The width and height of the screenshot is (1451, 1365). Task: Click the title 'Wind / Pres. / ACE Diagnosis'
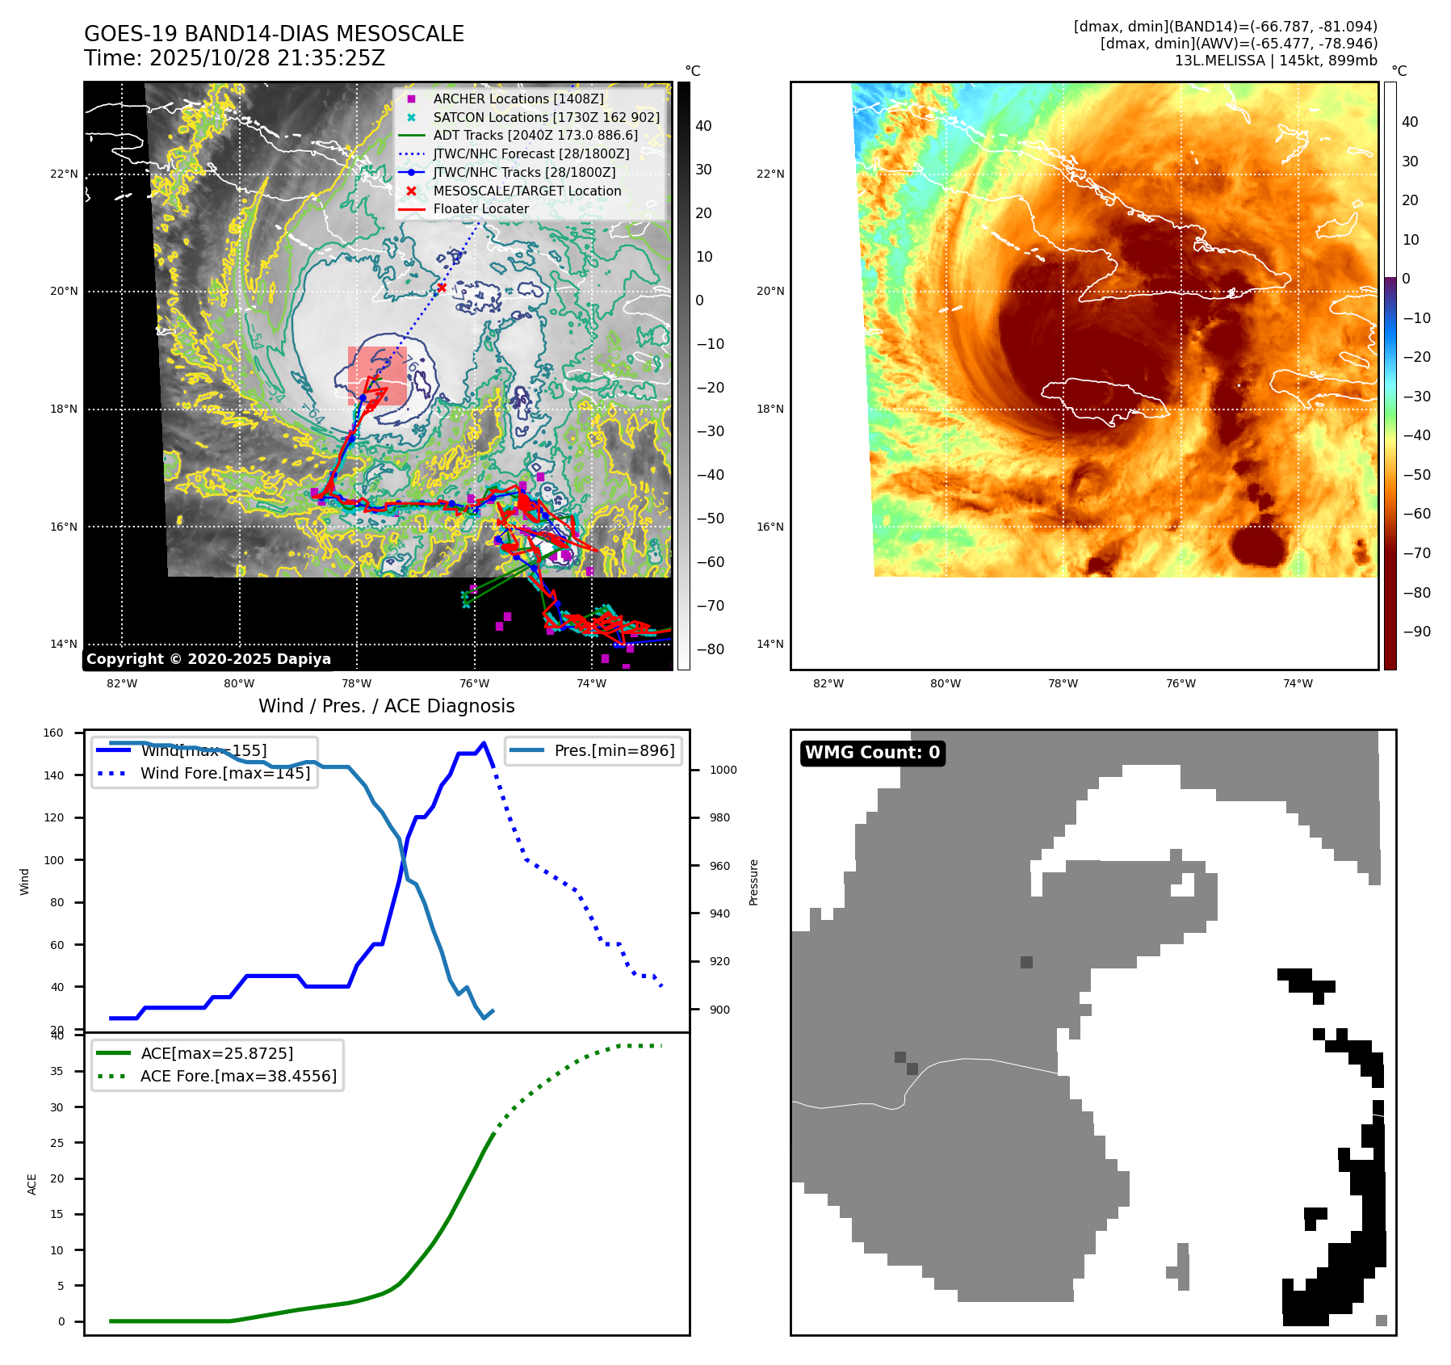coord(386,706)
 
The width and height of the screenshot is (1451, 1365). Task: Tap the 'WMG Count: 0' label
coord(872,753)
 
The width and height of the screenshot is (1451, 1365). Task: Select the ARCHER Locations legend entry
coord(518,99)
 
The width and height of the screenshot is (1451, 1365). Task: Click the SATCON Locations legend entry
coord(546,117)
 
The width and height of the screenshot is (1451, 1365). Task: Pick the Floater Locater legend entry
coord(480,208)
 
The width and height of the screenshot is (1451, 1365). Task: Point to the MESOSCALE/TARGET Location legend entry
coord(526,191)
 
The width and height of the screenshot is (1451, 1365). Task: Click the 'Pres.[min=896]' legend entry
coord(614,750)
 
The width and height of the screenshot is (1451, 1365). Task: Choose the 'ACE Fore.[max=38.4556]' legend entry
coord(238,1076)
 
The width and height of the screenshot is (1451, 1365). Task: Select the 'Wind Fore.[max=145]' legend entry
coord(224,773)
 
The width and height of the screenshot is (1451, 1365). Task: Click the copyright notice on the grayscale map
coord(208,659)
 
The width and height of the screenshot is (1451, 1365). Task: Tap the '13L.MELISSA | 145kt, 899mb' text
coord(1276,61)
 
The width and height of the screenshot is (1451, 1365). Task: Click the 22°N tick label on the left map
coord(64,174)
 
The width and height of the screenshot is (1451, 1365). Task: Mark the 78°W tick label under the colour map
coord(1063,683)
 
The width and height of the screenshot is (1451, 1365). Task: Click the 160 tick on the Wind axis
coord(53,733)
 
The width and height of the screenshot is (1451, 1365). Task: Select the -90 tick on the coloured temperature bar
coord(1416,632)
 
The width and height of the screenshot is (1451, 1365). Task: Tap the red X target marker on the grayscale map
coord(442,288)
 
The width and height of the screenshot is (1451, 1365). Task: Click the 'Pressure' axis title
coord(753,882)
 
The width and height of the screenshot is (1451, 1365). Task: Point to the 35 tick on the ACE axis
coord(57,1071)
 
